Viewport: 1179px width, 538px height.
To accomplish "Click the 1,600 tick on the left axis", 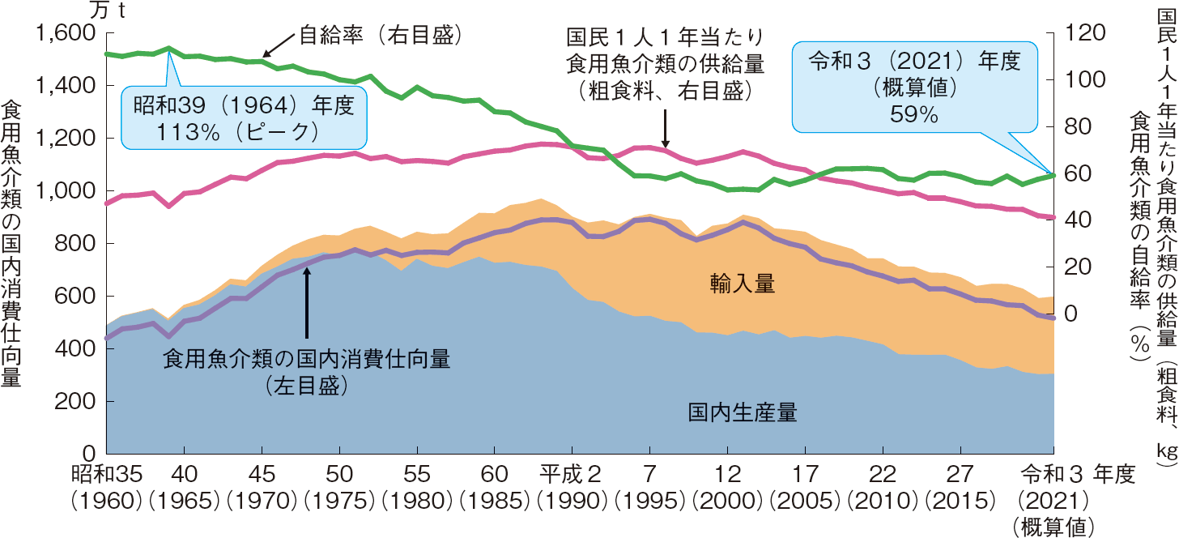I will coord(66,34).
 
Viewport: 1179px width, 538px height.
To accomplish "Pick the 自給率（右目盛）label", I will coord(380,35).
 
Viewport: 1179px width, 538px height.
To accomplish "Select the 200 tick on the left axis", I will coord(77,402).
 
